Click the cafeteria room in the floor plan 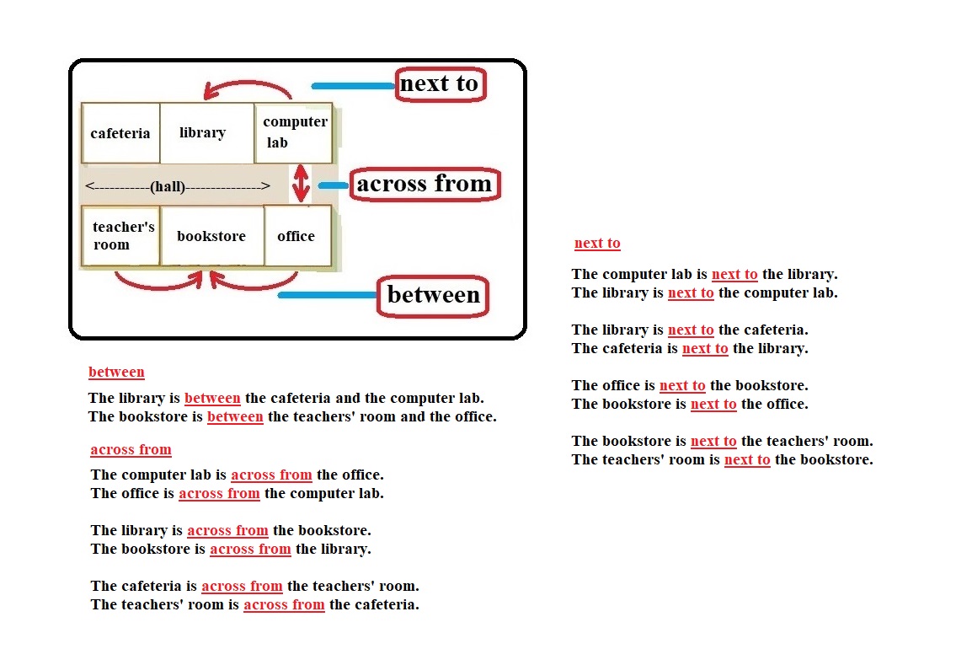click(120, 133)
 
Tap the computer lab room click(294, 133)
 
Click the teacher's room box click(120, 236)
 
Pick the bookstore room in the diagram click(211, 236)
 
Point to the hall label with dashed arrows click(177, 186)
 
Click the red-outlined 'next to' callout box click(440, 84)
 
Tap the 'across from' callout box click(425, 184)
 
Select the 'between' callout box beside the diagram click(433, 295)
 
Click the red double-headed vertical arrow click(301, 183)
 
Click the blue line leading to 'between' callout click(327, 295)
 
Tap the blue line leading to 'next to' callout click(353, 86)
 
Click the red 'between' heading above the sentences click(116, 372)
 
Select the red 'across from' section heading click(131, 449)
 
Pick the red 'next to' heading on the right click(597, 244)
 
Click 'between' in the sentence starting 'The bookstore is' click(235, 416)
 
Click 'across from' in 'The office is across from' click(219, 493)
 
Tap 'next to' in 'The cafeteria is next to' click(705, 348)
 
